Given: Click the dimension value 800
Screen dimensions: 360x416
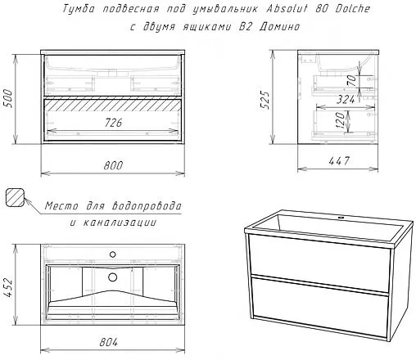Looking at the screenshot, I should coord(114,165).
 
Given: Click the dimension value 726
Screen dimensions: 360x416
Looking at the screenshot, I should coord(114,122).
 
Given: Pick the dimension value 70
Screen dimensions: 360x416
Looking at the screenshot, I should coord(351,80).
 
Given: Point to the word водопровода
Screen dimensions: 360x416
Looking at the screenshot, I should coord(145,206).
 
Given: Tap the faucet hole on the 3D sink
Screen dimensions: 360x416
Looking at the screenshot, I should coord(342,218).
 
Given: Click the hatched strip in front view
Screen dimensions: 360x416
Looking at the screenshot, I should coord(114,104).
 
